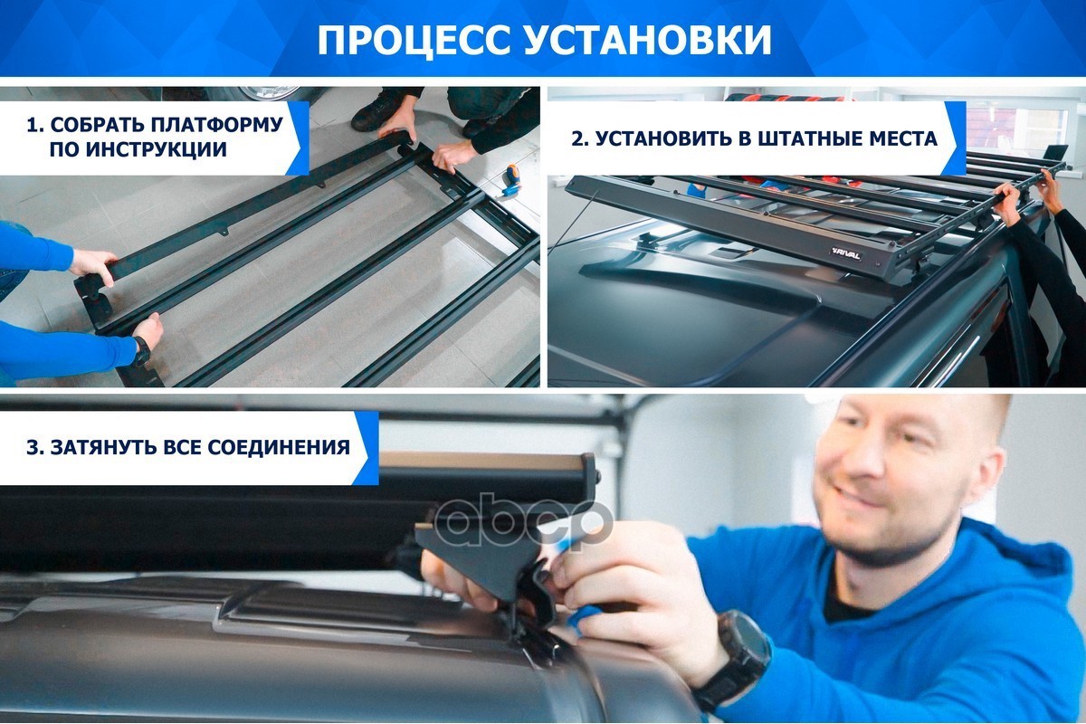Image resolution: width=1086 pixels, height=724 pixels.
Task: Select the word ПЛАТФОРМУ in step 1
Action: pos(216,125)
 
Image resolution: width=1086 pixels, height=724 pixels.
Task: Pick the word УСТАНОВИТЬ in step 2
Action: pos(661,139)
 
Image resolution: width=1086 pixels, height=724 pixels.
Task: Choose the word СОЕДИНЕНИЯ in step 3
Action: pos(279,447)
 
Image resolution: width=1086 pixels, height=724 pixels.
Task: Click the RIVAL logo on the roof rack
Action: pos(845,253)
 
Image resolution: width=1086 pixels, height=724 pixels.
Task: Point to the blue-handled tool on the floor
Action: pos(511,178)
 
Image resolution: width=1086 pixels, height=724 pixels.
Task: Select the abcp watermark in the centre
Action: pos(524,524)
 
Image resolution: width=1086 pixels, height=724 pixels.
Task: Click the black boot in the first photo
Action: pos(378,112)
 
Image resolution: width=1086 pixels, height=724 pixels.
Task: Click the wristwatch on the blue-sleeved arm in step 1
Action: pos(141,350)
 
